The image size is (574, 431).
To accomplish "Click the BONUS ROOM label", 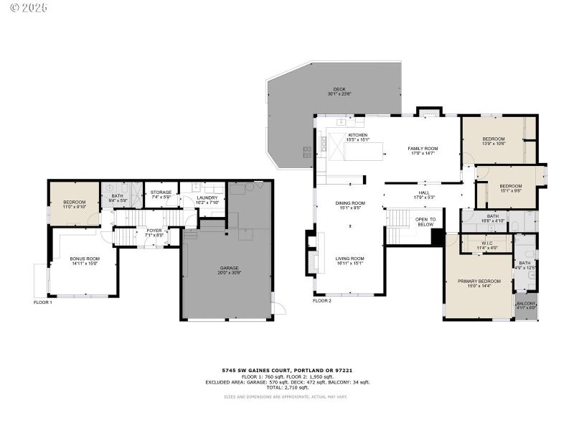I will pos(85,261).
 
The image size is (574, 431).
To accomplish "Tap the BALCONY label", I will pos(526,305).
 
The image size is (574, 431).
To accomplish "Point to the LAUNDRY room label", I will pos(207,200).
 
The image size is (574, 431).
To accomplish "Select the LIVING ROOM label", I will pos(350,260).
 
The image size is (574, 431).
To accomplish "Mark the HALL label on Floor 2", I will pos(424,194).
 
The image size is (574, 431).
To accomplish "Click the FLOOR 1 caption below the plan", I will pos(43,302).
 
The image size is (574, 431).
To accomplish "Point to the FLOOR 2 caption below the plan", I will pos(322,301).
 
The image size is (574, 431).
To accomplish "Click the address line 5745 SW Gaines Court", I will pos(287,371).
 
